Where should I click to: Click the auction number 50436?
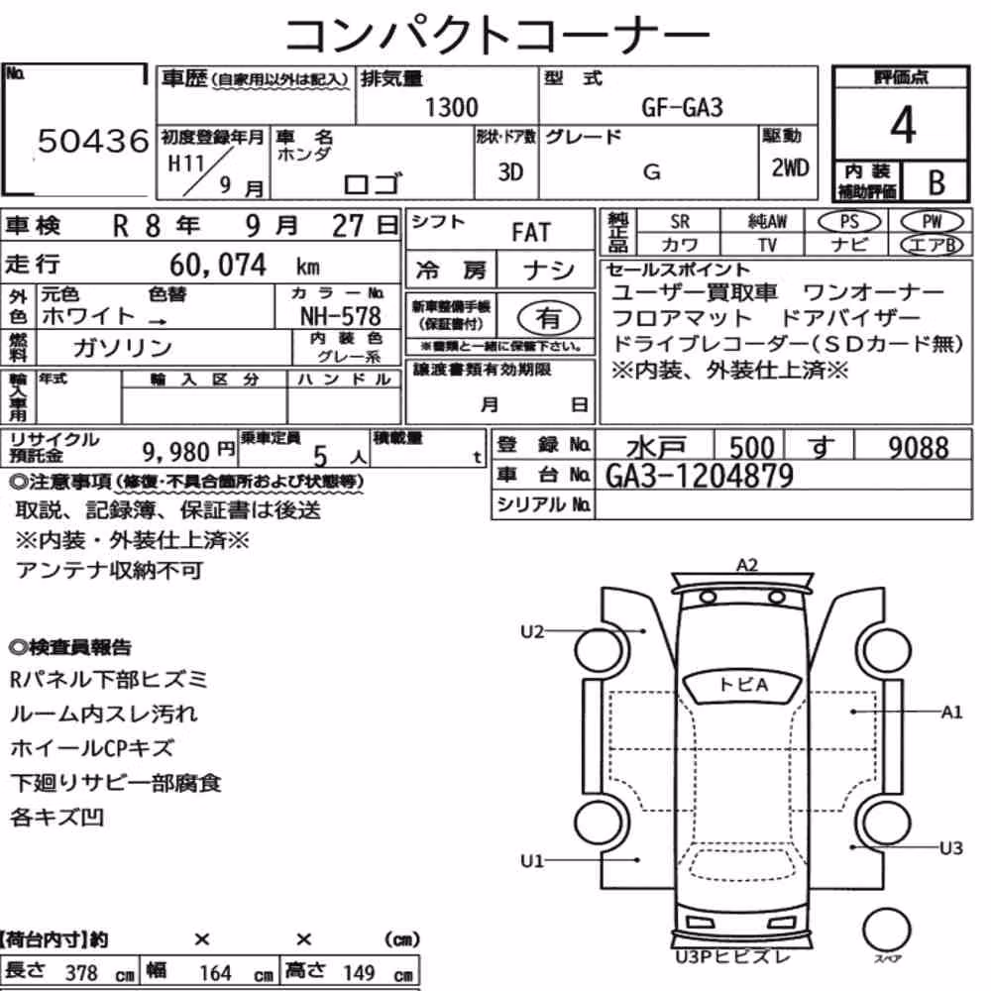click(93, 141)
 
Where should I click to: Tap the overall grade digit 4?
click(903, 125)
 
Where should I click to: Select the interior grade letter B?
click(936, 182)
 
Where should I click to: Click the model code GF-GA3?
click(682, 107)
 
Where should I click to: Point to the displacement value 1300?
click(451, 107)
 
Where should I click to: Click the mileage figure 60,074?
click(218, 265)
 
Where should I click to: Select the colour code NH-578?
click(341, 315)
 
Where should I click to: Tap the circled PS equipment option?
click(849, 222)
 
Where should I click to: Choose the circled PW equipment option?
click(932, 222)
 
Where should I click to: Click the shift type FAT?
click(531, 232)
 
